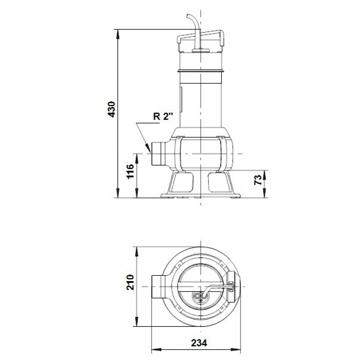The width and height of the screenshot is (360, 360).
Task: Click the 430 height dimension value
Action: point(112,109)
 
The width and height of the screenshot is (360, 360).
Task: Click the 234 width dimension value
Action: point(199,343)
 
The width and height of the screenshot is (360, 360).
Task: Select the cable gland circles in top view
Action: point(198,296)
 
